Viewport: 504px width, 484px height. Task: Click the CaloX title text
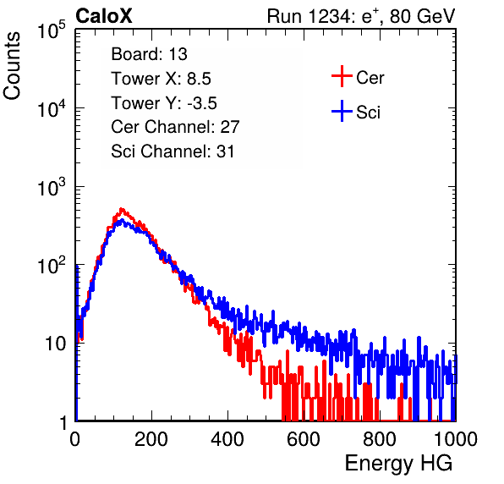(x=103, y=16)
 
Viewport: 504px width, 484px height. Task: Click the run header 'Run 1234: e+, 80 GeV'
(x=361, y=16)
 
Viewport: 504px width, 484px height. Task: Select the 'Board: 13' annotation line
(x=149, y=54)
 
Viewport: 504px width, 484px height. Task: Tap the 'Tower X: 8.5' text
(x=161, y=79)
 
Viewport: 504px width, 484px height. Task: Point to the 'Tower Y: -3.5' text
(x=164, y=103)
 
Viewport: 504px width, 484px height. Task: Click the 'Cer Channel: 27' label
(x=175, y=127)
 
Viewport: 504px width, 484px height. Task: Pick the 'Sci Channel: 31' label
(x=173, y=151)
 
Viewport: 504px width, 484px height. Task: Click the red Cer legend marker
(x=342, y=76)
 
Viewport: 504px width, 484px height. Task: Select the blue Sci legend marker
(x=342, y=111)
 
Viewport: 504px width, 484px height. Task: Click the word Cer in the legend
(x=370, y=78)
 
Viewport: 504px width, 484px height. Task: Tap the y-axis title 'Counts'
(x=12, y=66)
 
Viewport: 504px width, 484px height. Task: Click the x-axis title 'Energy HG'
(x=398, y=464)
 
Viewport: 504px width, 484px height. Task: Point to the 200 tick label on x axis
(x=151, y=439)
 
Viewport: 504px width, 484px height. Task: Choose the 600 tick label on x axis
(x=304, y=439)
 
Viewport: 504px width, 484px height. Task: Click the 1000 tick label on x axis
(x=456, y=439)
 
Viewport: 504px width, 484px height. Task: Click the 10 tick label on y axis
(x=55, y=344)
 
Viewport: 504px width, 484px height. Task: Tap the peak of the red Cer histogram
(x=122, y=209)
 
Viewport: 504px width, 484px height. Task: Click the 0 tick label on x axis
(x=75, y=439)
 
